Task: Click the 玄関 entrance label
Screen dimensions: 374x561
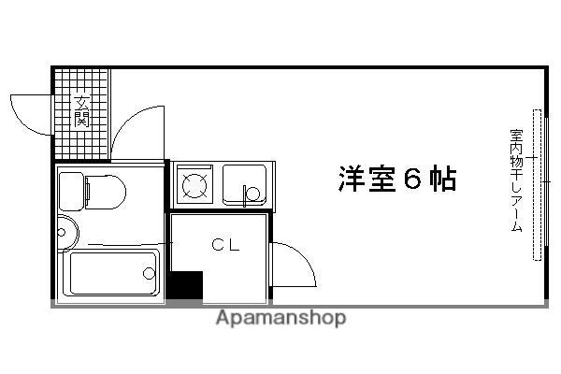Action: (x=82, y=111)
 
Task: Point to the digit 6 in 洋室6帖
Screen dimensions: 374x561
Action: (x=412, y=179)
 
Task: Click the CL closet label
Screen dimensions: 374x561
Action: (x=224, y=246)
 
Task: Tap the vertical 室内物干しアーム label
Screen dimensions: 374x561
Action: (x=515, y=182)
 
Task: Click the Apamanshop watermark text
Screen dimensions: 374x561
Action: (x=280, y=318)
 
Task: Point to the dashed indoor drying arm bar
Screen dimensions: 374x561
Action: (x=537, y=184)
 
